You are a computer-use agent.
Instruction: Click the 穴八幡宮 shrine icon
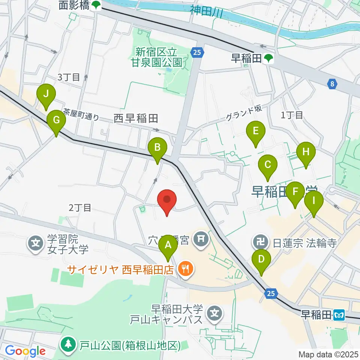coord(201,238)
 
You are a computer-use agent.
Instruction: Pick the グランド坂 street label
coord(242,113)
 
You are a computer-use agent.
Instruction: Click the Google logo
coord(25,351)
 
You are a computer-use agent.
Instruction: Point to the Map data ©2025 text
coord(328,354)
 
